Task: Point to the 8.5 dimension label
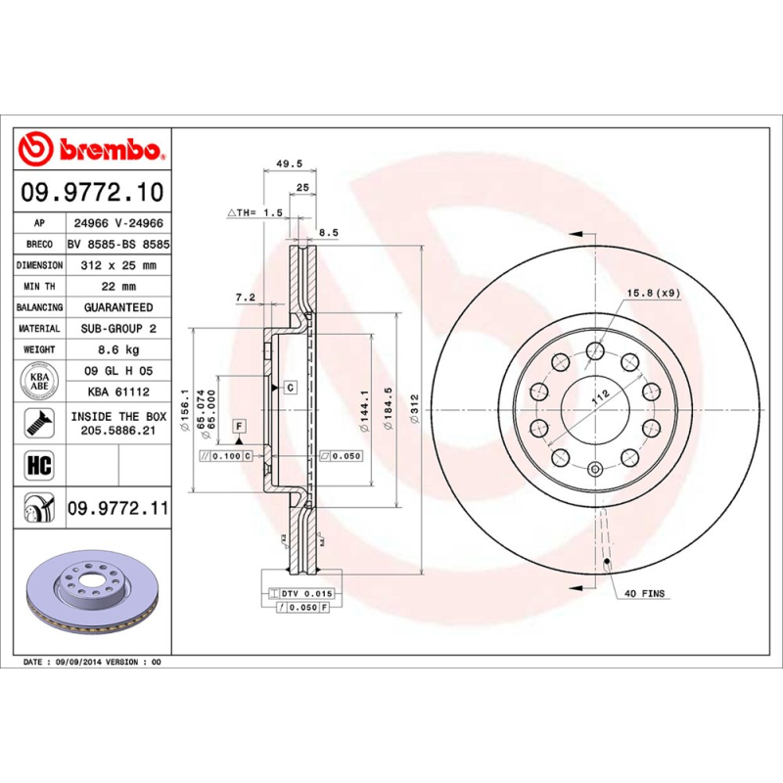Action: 329,232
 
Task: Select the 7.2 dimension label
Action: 245,296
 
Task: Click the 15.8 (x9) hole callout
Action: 652,293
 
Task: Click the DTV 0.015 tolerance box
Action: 305,593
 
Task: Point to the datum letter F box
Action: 238,426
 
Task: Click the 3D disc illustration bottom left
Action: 93,594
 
